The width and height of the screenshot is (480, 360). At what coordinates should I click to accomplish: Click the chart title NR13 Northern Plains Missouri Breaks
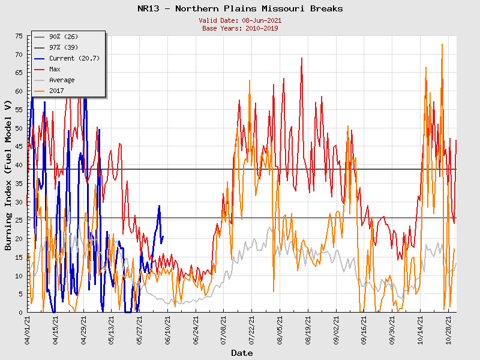click(240, 9)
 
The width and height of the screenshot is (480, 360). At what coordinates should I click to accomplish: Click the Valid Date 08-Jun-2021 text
click(240, 20)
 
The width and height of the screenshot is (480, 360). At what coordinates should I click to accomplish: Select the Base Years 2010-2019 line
click(240, 28)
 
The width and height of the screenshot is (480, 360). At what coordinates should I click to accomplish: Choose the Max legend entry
click(55, 69)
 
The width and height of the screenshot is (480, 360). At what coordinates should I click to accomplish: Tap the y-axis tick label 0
click(21, 313)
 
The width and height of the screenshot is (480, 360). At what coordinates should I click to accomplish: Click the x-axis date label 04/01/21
click(28, 328)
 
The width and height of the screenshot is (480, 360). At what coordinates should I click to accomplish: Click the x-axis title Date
click(242, 353)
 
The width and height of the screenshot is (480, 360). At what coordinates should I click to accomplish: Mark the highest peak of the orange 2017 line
click(442, 44)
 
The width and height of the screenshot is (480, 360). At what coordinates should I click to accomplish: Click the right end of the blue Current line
click(163, 236)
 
